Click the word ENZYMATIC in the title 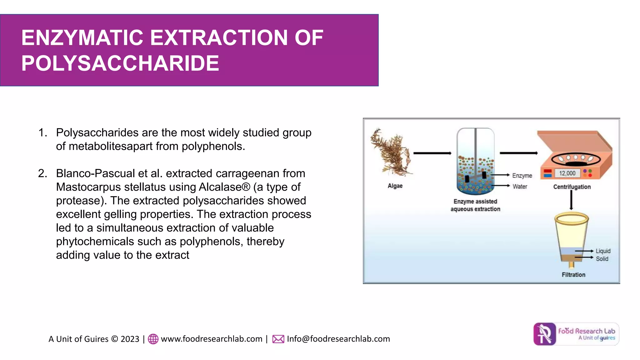click(82, 38)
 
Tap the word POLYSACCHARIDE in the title click(120, 63)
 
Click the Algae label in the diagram click(395, 186)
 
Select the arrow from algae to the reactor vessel click(432, 153)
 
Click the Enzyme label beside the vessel click(522, 176)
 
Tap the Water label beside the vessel click(520, 187)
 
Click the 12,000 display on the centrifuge click(567, 173)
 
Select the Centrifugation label click(572, 187)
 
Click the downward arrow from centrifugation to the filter click(571, 200)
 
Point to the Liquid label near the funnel click(603, 251)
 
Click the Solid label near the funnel click(602, 259)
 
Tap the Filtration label click(573, 275)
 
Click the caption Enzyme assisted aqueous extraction click(475, 205)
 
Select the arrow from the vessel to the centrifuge click(518, 153)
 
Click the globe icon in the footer click(153, 339)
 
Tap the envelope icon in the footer click(278, 339)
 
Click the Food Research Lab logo click(576, 334)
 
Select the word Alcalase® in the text click(224, 187)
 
